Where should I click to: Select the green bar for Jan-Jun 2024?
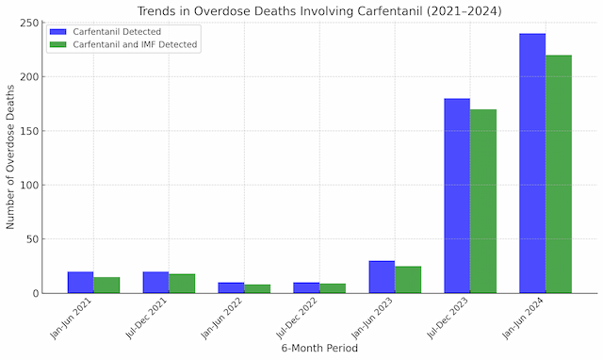click(559, 173)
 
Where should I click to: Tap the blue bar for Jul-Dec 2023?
click(457, 196)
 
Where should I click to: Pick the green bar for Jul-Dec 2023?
click(483, 201)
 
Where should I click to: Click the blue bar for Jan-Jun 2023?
click(382, 277)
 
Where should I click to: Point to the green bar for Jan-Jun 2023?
click(408, 280)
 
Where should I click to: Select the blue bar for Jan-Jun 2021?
click(80, 283)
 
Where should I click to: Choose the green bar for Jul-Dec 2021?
click(182, 284)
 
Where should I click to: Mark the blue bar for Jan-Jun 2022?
click(231, 287)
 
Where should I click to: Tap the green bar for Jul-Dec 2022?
click(333, 288)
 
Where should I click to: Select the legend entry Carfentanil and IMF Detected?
click(136, 44)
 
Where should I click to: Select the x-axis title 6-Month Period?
click(319, 349)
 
